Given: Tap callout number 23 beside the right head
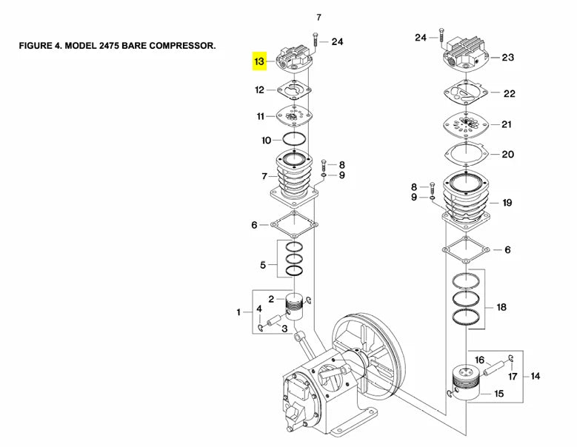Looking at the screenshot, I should coord(507,58).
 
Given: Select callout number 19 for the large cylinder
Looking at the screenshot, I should coord(507,202).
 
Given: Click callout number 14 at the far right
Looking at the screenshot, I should coord(536,376).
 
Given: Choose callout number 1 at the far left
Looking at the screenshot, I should coord(239,312).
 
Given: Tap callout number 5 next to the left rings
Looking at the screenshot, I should coord(262,264).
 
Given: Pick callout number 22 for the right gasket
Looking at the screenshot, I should coord(509,94).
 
